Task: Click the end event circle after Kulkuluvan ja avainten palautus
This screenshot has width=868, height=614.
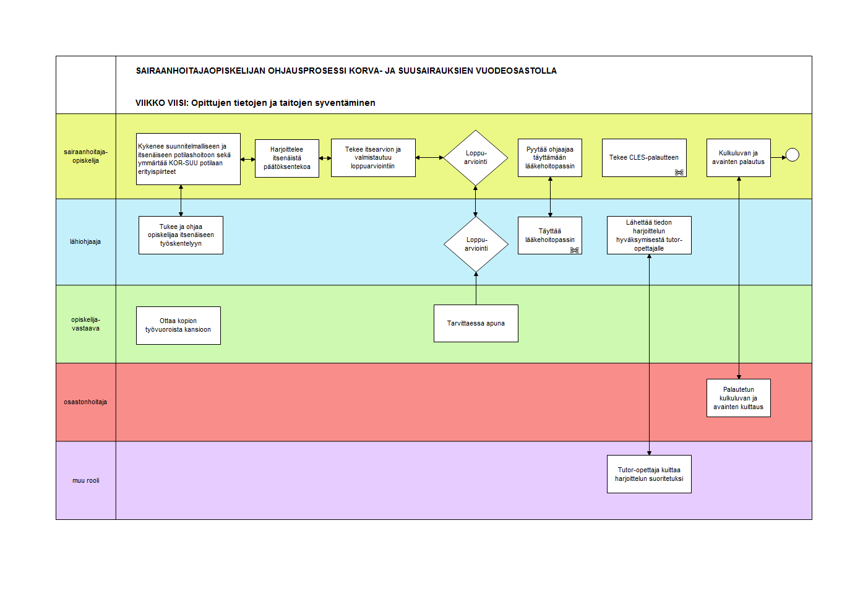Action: click(x=793, y=155)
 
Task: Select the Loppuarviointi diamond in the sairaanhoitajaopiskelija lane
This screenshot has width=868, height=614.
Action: click(x=476, y=158)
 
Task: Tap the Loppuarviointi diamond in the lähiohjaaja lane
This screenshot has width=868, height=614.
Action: click(x=476, y=244)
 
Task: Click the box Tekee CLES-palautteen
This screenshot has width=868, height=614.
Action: click(x=644, y=158)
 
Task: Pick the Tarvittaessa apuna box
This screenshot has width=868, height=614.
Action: click(x=476, y=323)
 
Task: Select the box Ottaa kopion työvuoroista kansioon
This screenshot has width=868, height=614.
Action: click(x=178, y=326)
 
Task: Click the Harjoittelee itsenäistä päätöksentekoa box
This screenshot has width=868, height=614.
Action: click(x=286, y=158)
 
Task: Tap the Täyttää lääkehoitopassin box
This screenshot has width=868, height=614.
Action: click(x=550, y=235)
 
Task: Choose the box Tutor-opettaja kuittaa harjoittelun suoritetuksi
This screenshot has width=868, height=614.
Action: click(x=649, y=474)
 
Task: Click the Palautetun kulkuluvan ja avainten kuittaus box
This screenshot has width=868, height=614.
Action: click(x=739, y=398)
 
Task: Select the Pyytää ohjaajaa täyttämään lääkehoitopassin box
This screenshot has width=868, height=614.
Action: click(x=550, y=158)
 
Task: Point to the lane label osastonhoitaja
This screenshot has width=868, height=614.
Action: click(x=85, y=402)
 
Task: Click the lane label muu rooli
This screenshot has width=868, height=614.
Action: click(x=86, y=481)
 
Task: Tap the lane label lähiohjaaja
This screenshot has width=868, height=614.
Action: click(x=85, y=241)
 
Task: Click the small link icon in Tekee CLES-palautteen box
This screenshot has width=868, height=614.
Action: click(x=679, y=173)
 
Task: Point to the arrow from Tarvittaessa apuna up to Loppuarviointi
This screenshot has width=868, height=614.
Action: click(x=476, y=288)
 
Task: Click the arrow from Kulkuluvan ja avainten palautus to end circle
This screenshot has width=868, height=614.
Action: click(x=778, y=158)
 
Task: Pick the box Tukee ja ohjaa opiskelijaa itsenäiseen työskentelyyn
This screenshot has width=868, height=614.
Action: click(x=181, y=235)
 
